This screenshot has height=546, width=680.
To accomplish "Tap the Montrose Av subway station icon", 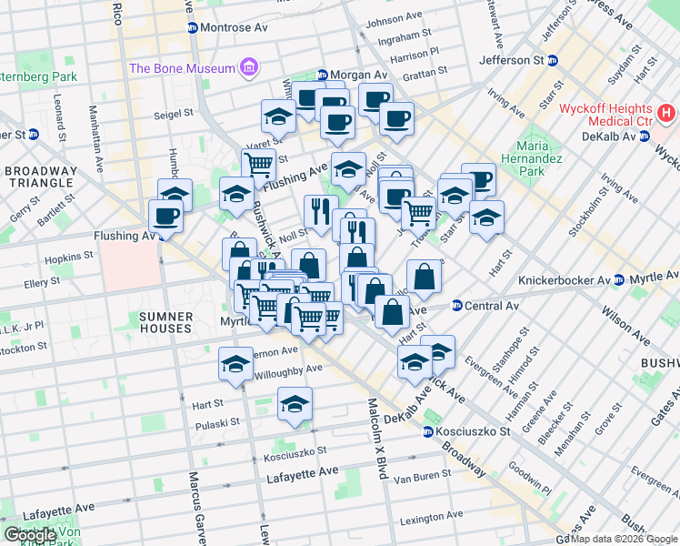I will (x=192, y=28).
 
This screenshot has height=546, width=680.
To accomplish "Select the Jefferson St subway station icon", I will (x=552, y=60).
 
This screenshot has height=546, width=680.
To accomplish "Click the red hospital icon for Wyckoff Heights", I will (x=667, y=114).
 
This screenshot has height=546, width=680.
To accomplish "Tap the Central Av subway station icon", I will (x=457, y=306).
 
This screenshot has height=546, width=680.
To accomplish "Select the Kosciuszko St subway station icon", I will (x=427, y=430).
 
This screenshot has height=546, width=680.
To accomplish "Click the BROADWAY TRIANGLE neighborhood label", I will (x=41, y=178).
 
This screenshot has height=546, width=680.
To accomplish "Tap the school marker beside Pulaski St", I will (x=295, y=404).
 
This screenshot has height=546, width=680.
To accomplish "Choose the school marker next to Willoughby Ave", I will (x=235, y=364).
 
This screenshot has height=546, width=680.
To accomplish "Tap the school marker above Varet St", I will (x=278, y=116).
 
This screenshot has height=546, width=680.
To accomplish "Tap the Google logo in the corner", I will (x=30, y=535).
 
